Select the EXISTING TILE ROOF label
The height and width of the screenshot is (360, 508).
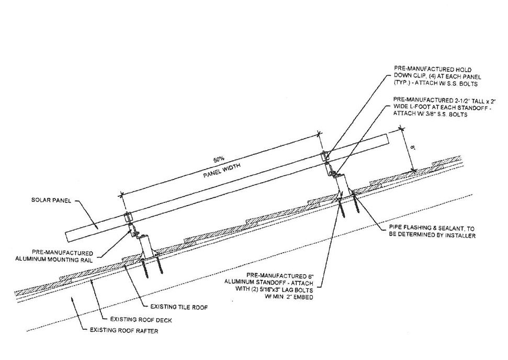[178, 307]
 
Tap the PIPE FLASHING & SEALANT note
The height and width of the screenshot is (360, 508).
[432, 232]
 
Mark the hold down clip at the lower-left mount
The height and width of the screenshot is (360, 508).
[127, 216]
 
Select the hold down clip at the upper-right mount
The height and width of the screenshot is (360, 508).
[324, 156]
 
